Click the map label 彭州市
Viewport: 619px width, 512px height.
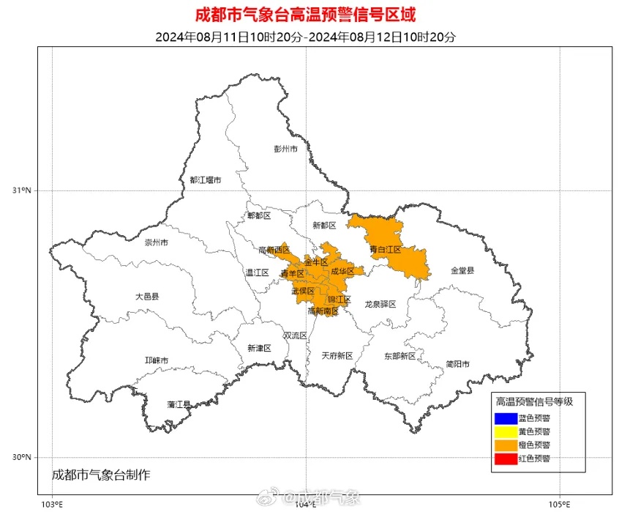tap(285, 149)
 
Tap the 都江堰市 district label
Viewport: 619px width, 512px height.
tap(205, 179)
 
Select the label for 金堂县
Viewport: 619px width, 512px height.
tap(462, 270)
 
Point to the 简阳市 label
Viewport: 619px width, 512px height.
tap(457, 364)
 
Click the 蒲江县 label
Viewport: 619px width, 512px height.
tap(179, 404)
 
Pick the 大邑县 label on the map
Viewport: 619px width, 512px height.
tap(146, 297)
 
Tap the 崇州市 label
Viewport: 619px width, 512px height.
tap(155, 242)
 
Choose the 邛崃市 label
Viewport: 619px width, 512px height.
tap(156, 360)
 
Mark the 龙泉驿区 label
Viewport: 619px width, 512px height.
tap(380, 303)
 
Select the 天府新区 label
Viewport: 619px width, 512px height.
tap(337, 355)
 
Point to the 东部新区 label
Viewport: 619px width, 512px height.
tap(399, 355)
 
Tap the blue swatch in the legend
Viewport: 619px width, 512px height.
tap(504, 418)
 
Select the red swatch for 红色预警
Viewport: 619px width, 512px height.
tap(504, 459)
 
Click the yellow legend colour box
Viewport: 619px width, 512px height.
tap(504, 431)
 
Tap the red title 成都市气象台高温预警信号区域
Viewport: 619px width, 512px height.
tap(309, 15)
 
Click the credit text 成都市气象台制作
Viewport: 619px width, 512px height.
tap(101, 475)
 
